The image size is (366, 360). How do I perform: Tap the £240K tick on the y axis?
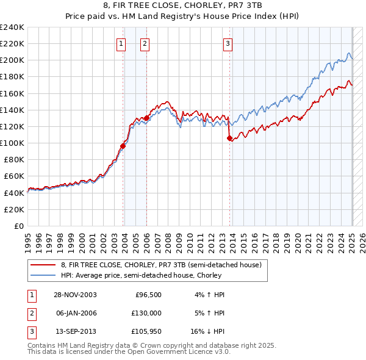(12, 27)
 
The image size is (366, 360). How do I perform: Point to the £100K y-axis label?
(12, 143)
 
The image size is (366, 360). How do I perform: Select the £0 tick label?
(18, 226)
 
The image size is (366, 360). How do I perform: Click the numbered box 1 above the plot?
(121, 43)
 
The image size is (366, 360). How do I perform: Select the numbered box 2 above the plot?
(145, 43)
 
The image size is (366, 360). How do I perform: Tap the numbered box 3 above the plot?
(228, 43)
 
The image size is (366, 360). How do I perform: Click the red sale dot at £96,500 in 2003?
(123, 146)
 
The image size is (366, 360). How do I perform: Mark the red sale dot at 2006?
(146, 118)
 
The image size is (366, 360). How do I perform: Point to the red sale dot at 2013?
(229, 138)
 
